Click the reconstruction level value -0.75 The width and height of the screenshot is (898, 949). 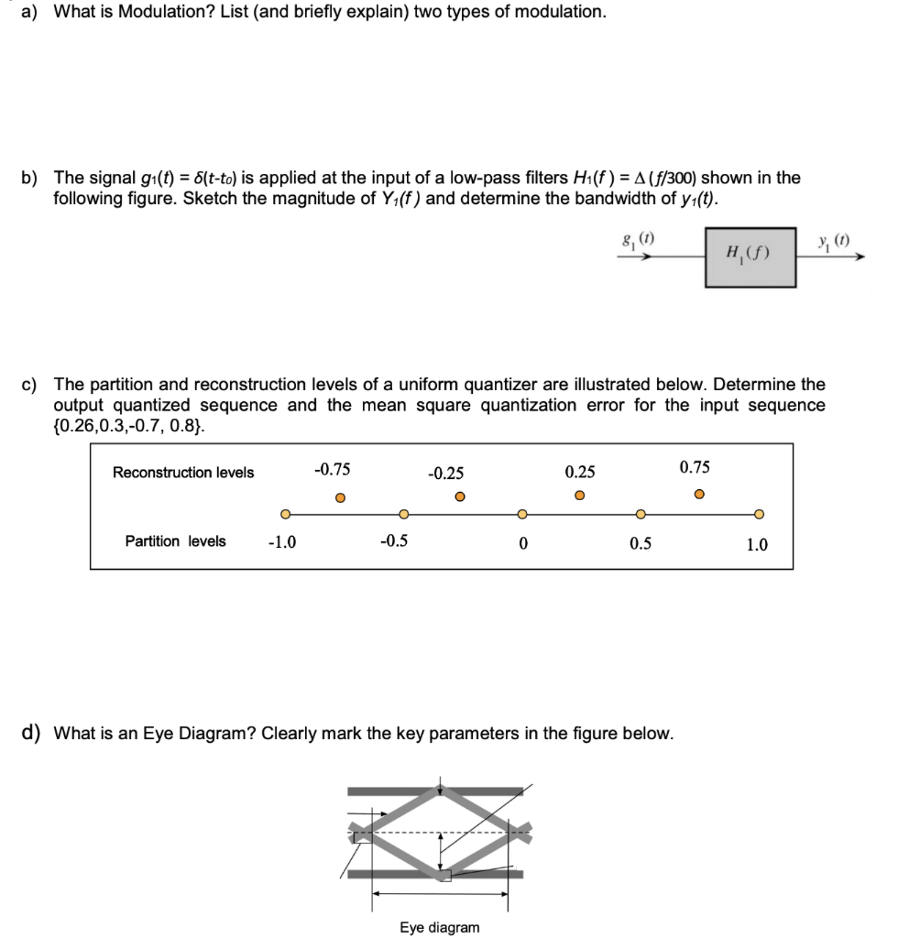pyautogui.click(x=332, y=469)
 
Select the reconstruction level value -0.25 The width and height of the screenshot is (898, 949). pyautogui.click(x=446, y=474)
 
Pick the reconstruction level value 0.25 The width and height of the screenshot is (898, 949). pyautogui.click(x=579, y=473)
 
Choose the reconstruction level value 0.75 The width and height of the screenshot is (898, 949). pyautogui.click(x=695, y=468)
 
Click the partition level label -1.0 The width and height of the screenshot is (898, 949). pyautogui.click(x=281, y=542)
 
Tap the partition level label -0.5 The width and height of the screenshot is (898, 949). pyautogui.click(x=394, y=541)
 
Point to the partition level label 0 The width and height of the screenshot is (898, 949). pyautogui.click(x=522, y=543)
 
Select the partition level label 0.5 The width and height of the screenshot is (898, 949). pyautogui.click(x=641, y=543)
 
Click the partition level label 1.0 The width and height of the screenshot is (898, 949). pyautogui.click(x=757, y=544)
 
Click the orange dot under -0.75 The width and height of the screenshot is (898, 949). pyautogui.click(x=339, y=497)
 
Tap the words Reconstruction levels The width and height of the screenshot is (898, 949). pyautogui.click(x=183, y=473)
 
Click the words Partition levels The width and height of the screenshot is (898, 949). pyautogui.click(x=175, y=541)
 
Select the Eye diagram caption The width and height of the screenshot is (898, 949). pyautogui.click(x=439, y=928)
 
